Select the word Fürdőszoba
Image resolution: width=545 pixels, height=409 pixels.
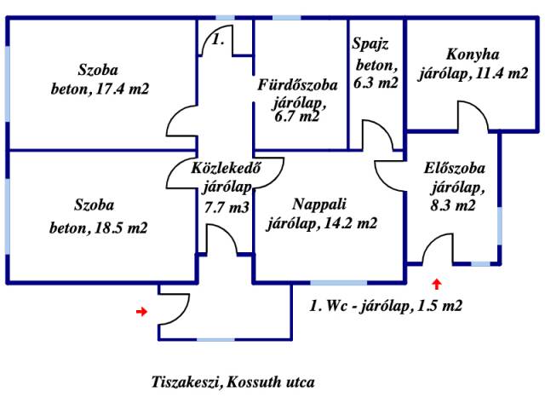point(299,84)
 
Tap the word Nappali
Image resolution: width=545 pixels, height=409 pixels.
point(319,204)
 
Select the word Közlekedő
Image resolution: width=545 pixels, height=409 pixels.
point(225,167)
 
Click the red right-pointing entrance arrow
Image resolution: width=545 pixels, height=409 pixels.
point(141,312)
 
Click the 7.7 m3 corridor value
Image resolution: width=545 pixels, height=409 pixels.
point(227,206)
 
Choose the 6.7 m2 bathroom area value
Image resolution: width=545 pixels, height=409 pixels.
point(297,118)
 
